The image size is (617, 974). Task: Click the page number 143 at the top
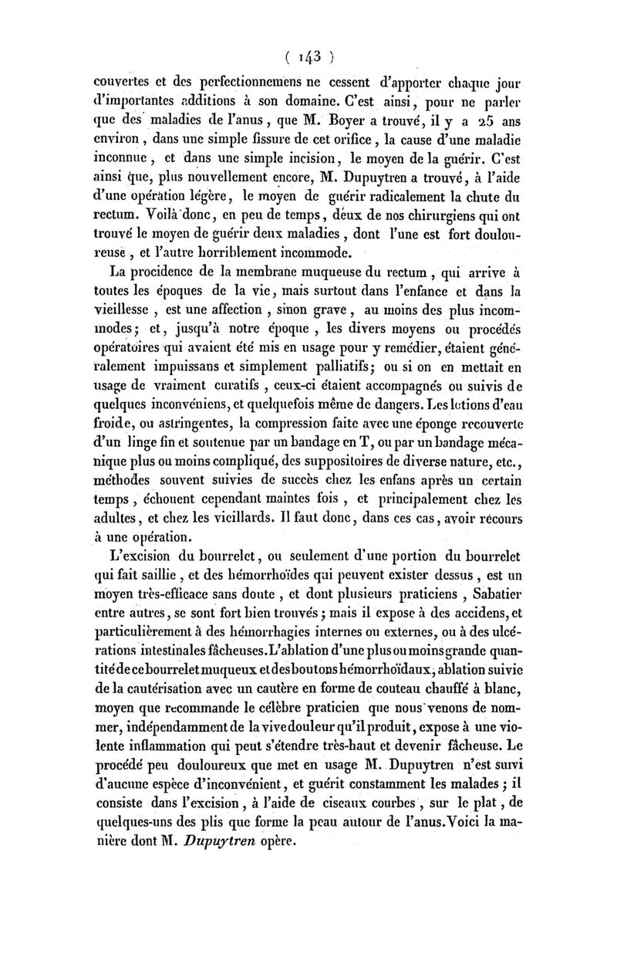[x=308, y=57]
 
